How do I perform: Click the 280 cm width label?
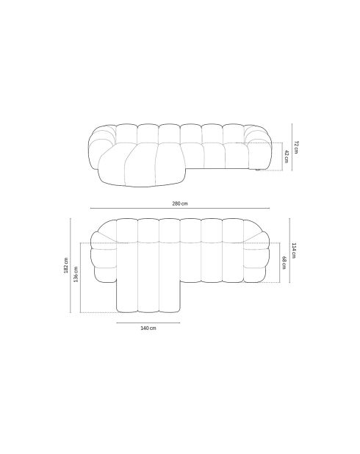pos(179,203)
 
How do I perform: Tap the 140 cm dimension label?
pos(148,328)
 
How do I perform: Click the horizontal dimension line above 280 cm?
pos(180,209)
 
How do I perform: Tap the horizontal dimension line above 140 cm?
pos(148,322)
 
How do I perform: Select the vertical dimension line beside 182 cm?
pos(71,265)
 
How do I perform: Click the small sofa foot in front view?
pos(258,170)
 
